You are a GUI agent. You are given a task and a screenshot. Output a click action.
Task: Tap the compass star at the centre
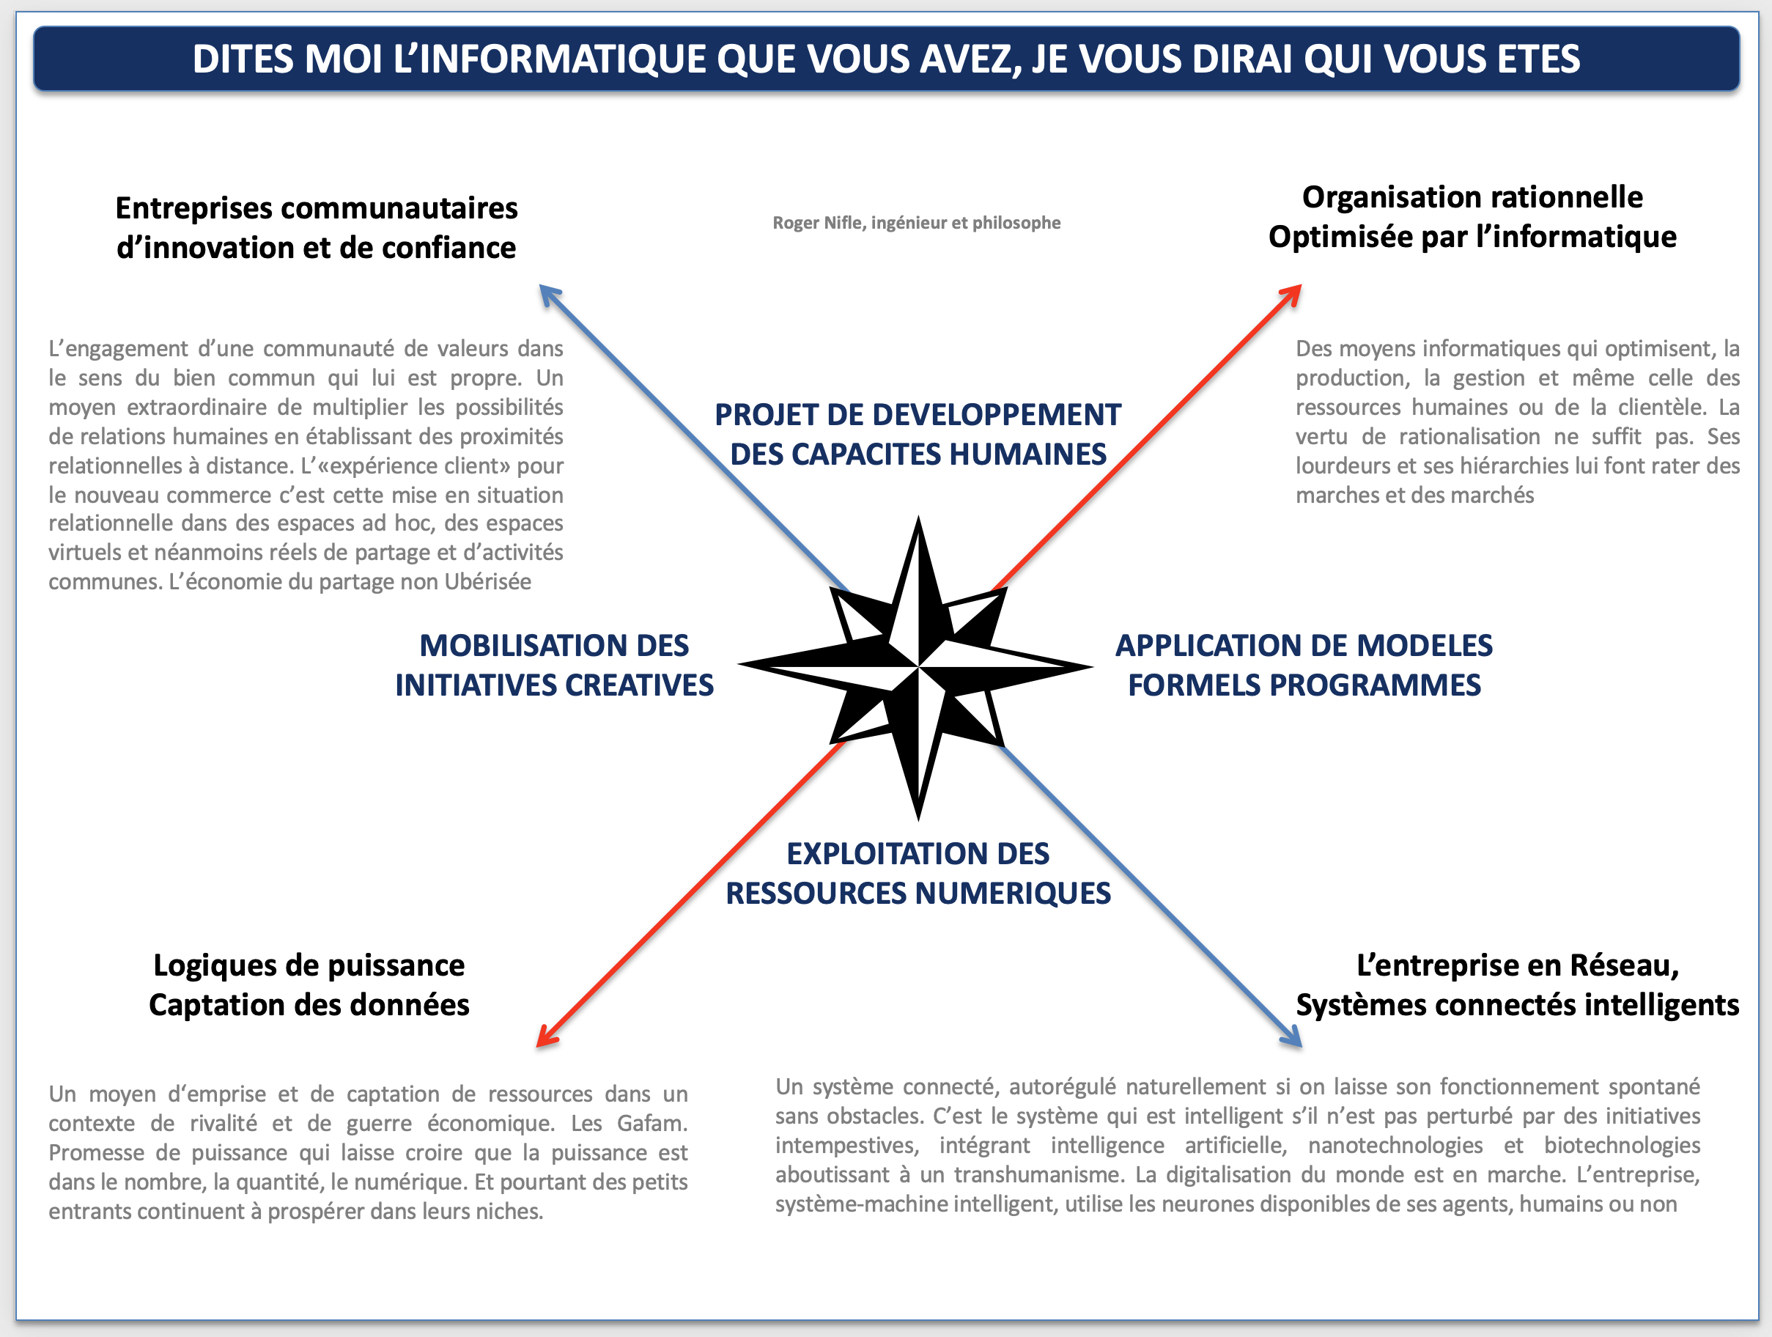(x=918, y=666)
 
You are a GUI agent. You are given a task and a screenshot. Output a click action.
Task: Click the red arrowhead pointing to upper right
(x=1291, y=294)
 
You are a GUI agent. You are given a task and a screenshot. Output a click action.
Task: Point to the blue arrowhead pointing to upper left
(x=550, y=295)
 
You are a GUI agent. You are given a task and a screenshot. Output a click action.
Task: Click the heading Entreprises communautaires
(x=317, y=208)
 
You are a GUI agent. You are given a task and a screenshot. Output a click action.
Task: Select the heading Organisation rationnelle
(x=1472, y=197)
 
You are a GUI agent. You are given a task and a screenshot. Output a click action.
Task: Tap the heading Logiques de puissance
(x=309, y=965)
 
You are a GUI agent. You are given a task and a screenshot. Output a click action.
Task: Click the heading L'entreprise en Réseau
(x=1517, y=965)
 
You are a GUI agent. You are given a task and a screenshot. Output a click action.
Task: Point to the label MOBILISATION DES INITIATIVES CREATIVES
(x=553, y=666)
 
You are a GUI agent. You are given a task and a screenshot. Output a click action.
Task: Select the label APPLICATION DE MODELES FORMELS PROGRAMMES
(x=1304, y=666)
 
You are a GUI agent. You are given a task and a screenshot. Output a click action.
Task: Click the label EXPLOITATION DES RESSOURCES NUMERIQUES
(x=918, y=874)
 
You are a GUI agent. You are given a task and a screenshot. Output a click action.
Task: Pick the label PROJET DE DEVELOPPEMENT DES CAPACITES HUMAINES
(x=918, y=434)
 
